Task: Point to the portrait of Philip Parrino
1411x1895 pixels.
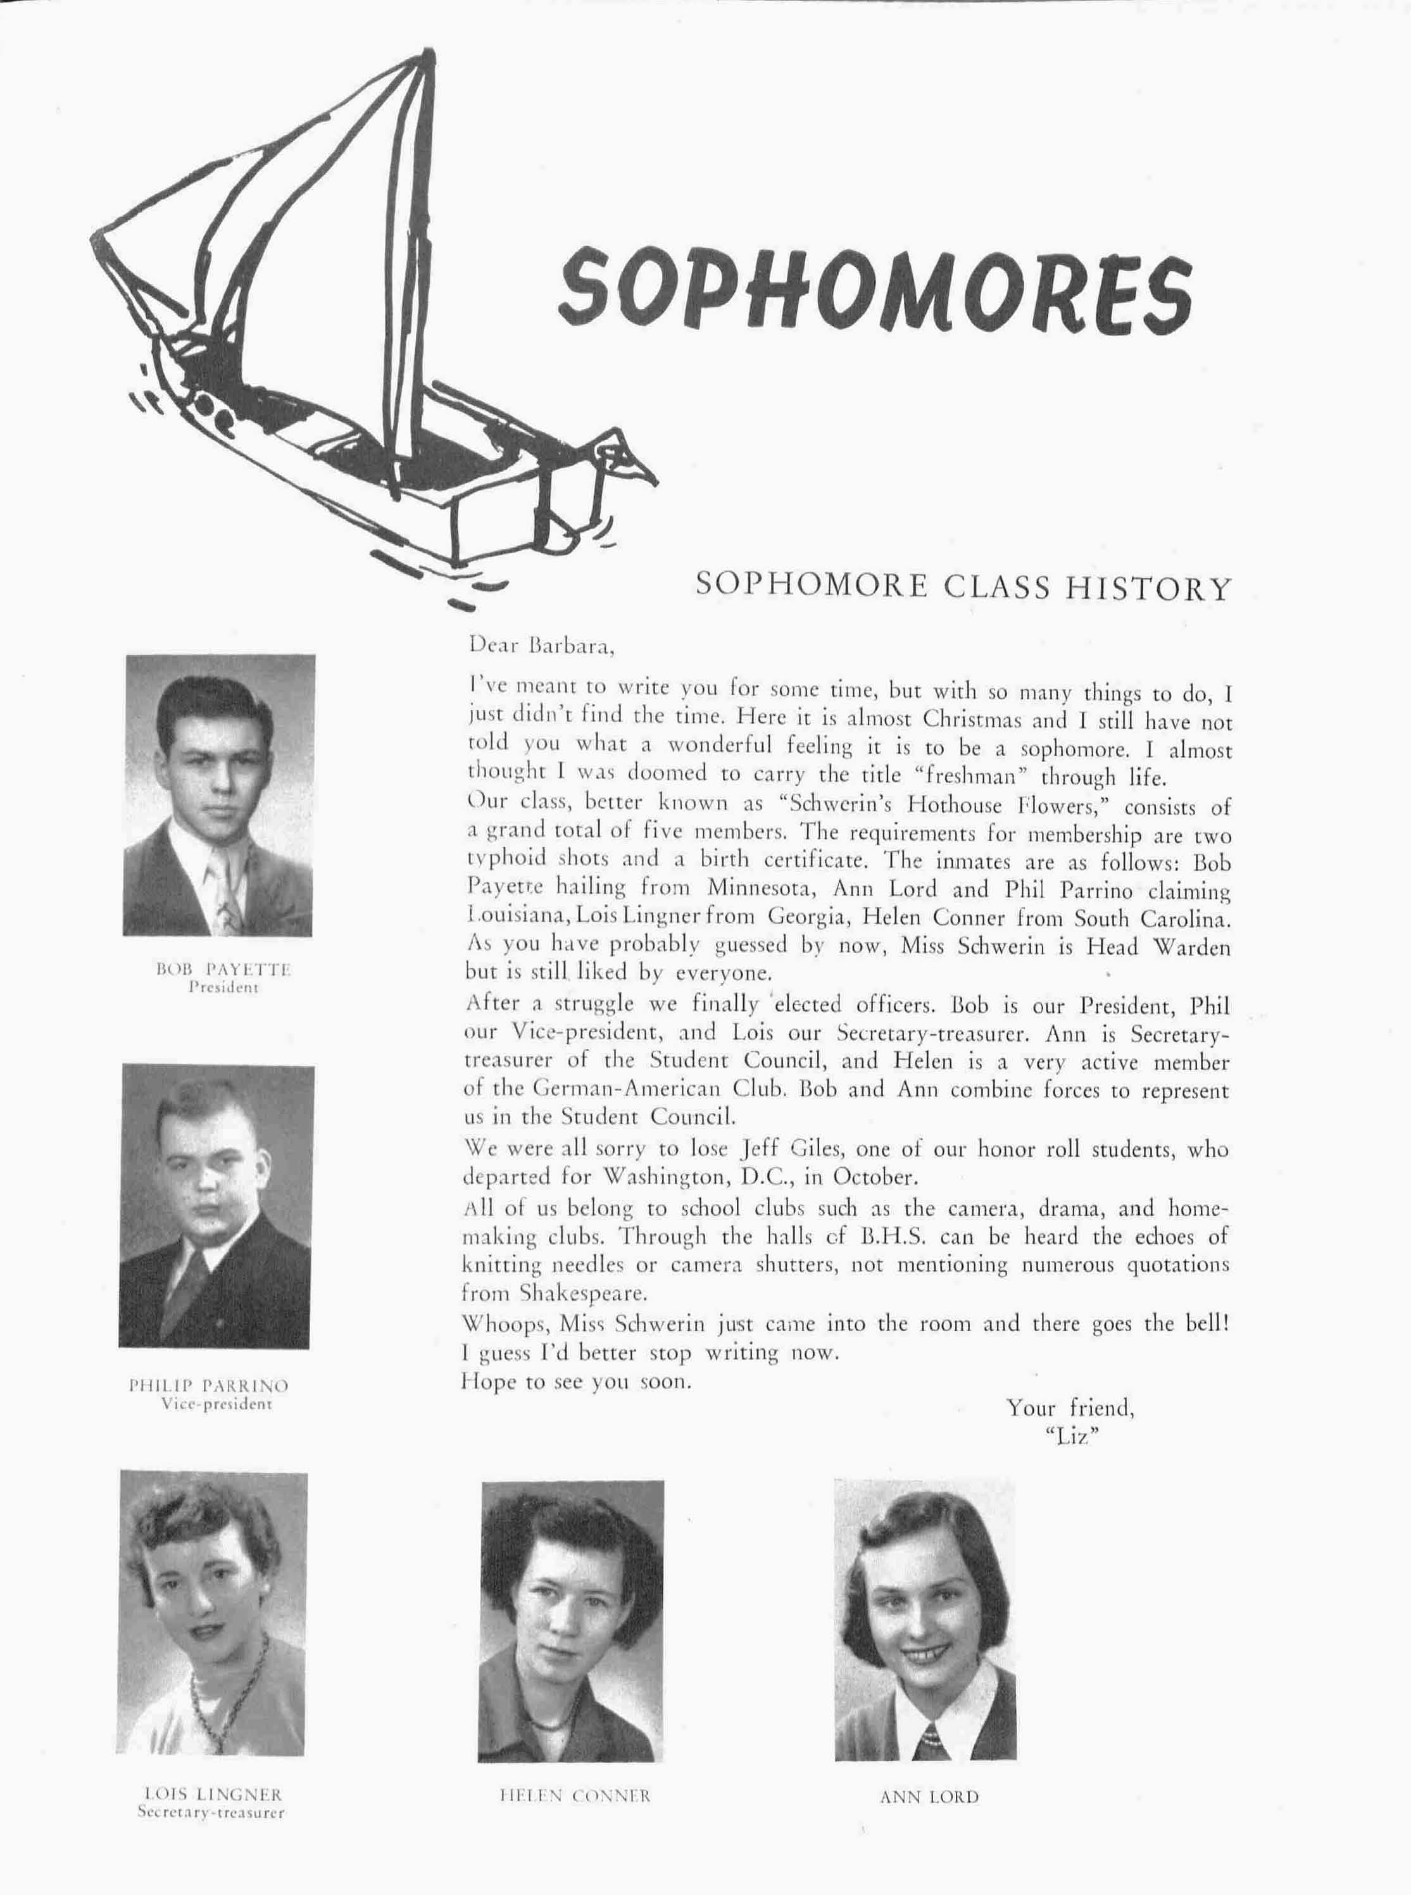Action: pyautogui.click(x=216, y=1206)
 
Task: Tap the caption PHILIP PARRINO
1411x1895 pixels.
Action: pyautogui.click(x=208, y=1385)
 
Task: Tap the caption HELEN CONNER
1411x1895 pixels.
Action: pyautogui.click(x=574, y=1796)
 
